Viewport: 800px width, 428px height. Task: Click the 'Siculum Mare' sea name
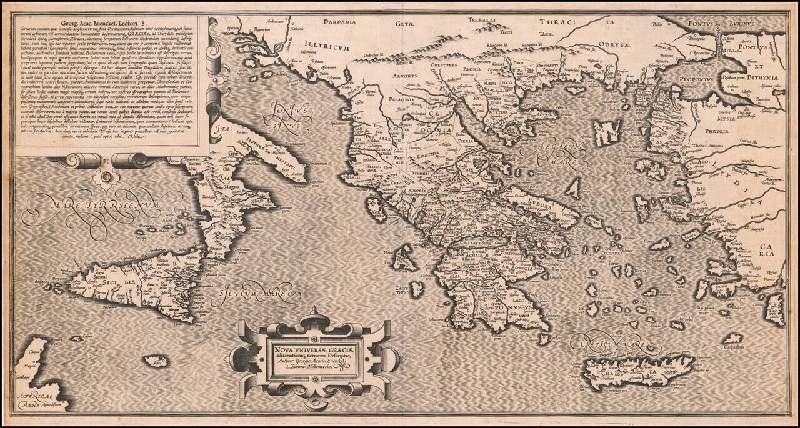(x=251, y=294)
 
